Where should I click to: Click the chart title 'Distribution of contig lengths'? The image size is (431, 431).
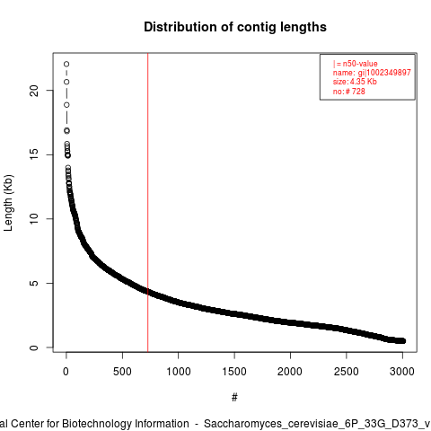click(x=235, y=27)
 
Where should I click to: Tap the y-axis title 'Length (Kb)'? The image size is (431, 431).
click(x=8, y=203)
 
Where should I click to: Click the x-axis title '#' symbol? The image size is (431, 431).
click(x=234, y=397)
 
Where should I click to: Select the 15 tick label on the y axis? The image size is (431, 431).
click(x=34, y=154)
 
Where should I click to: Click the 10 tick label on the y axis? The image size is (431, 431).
click(x=34, y=219)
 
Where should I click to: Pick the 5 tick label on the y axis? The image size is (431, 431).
click(x=34, y=283)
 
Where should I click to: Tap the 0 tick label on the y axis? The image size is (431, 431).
click(x=34, y=347)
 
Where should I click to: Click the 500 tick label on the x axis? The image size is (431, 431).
click(x=122, y=372)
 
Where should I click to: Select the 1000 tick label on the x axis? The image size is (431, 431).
click(x=179, y=372)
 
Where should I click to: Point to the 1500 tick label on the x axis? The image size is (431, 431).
click(x=234, y=372)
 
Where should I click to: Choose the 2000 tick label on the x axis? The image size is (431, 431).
click(x=290, y=372)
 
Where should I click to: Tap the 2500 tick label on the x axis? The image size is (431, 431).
click(x=347, y=372)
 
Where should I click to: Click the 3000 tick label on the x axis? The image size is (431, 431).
click(x=402, y=372)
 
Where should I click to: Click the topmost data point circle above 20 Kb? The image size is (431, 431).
click(x=66, y=64)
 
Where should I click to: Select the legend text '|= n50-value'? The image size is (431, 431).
click(x=356, y=64)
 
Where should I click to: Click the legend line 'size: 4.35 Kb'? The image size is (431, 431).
click(x=355, y=82)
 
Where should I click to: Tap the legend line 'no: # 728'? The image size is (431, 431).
click(x=349, y=91)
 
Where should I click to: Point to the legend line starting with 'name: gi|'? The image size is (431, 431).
click(x=372, y=73)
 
